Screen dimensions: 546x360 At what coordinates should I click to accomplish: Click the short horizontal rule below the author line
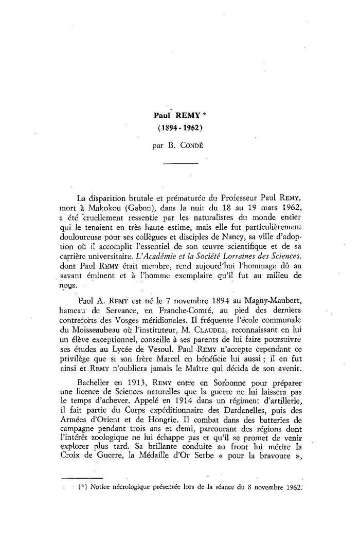pos(180,163)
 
